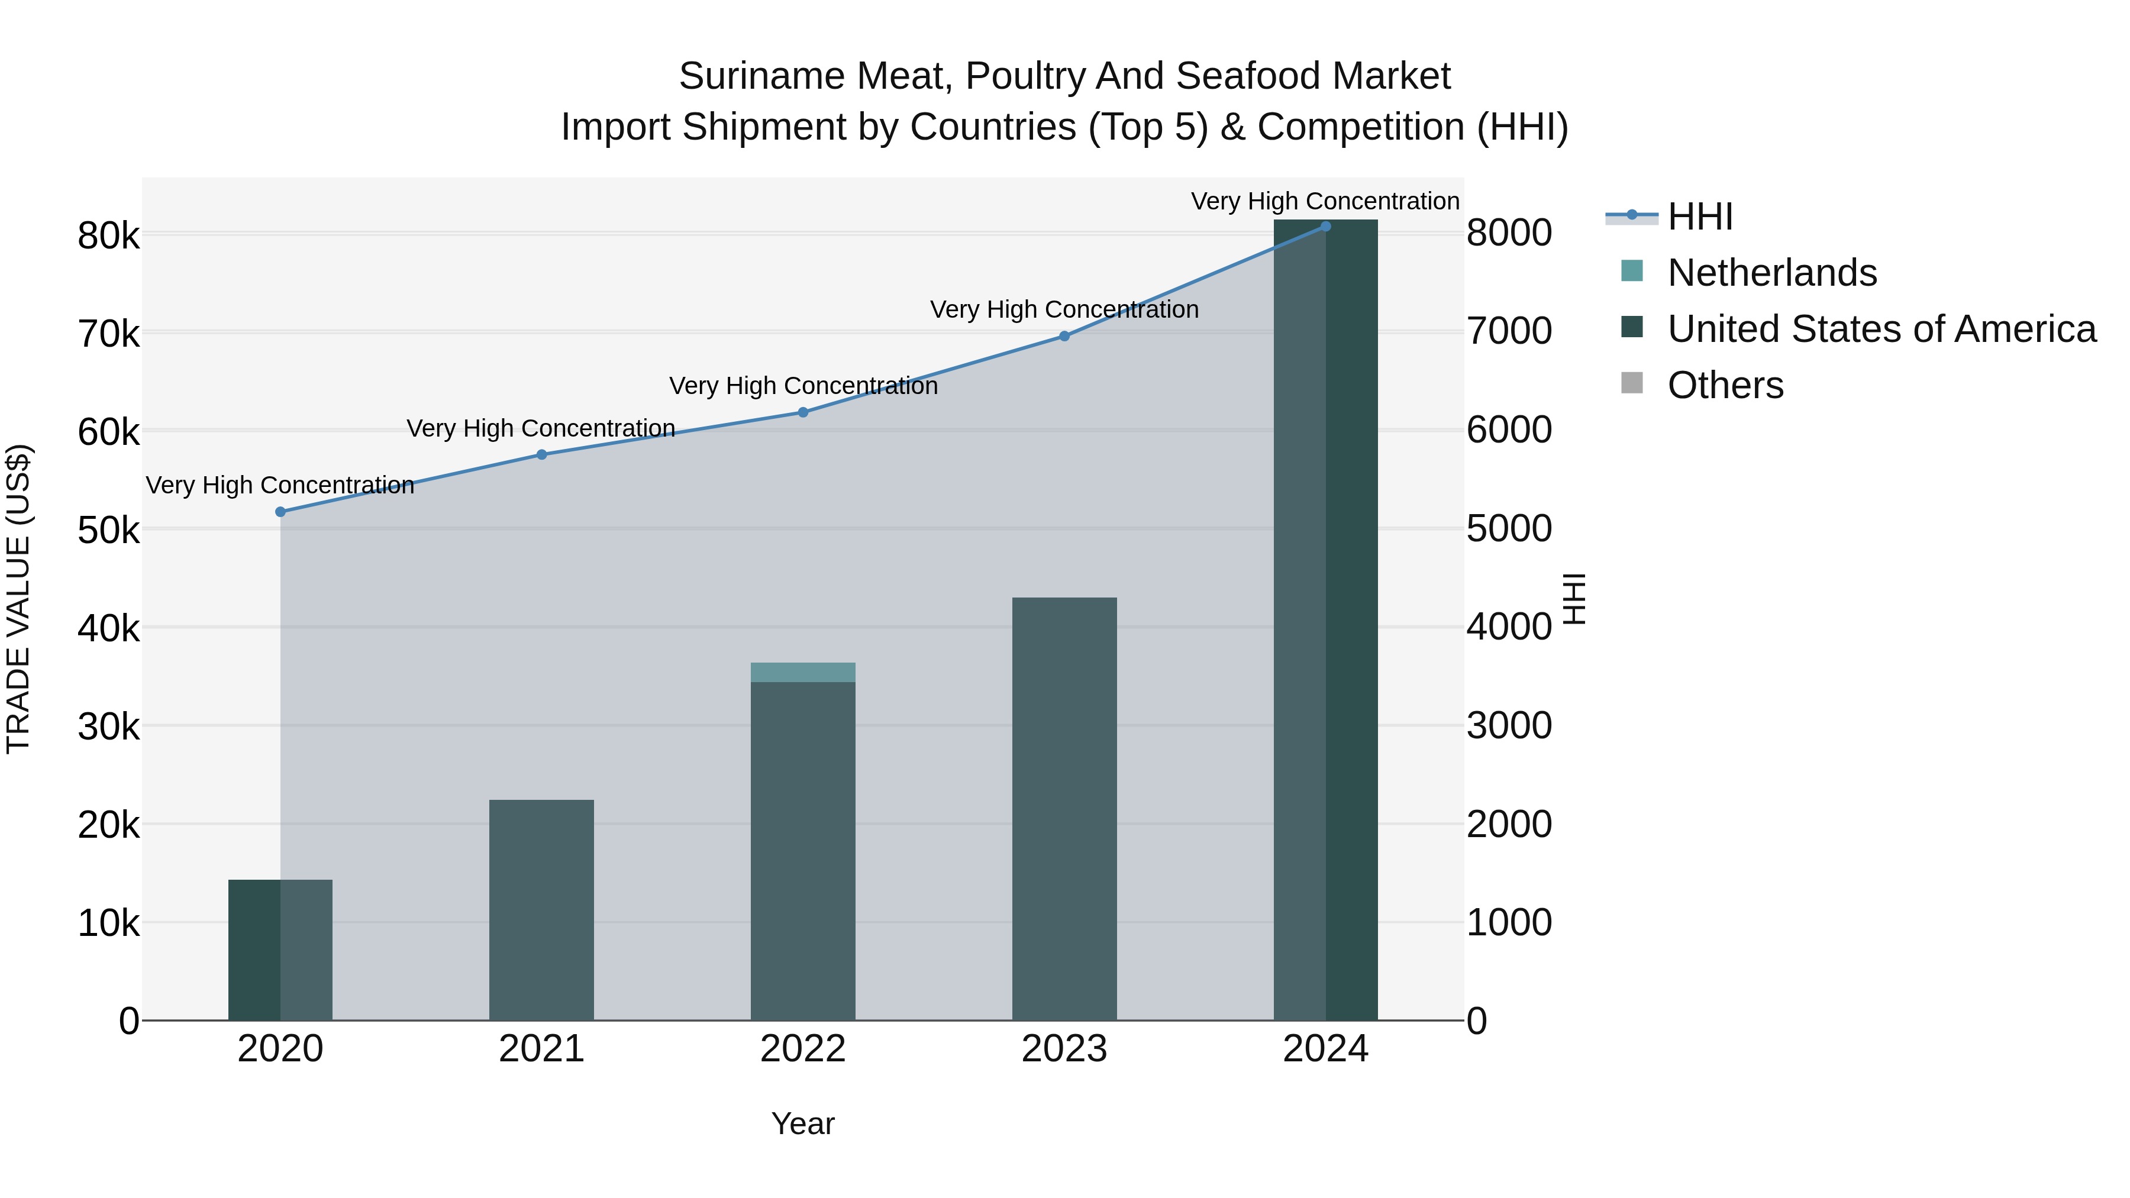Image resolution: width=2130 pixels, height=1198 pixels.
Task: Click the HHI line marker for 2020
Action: [280, 512]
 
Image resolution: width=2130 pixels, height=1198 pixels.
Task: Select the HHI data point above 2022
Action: [803, 412]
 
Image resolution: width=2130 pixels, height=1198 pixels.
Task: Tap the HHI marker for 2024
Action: [1325, 226]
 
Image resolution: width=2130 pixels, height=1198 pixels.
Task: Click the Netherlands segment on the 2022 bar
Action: [803, 672]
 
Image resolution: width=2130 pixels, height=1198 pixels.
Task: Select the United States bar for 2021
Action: [541, 909]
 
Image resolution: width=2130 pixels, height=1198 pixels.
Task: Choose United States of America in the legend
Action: [1881, 329]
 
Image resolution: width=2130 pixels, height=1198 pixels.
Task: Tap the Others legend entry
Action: [1725, 385]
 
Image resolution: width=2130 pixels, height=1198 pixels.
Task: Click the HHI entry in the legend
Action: [1699, 217]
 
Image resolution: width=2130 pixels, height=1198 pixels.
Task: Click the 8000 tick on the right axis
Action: [1509, 233]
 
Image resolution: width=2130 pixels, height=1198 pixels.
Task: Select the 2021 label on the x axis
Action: [541, 1049]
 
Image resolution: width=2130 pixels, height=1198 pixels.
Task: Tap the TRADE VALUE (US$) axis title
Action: [19, 599]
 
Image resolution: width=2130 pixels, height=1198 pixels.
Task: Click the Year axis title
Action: [803, 1123]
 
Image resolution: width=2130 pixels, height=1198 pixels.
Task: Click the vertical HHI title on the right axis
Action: [1575, 599]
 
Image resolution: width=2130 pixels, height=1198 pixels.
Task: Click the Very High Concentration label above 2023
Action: [1064, 309]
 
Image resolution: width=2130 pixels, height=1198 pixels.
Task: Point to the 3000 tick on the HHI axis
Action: [1509, 726]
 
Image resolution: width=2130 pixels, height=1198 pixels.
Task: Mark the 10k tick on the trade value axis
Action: [108, 923]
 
